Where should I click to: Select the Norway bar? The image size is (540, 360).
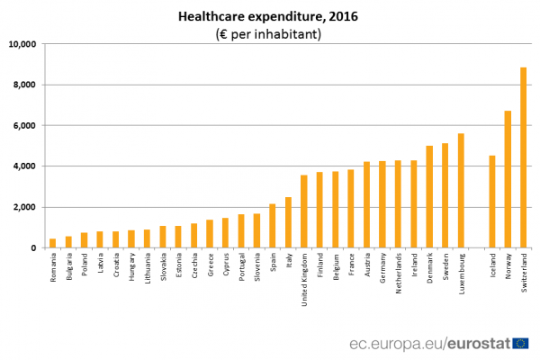(x=508, y=179)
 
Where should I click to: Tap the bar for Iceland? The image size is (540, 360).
(x=491, y=202)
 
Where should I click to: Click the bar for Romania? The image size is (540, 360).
(x=52, y=243)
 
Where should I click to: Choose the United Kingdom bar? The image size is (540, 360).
(x=304, y=211)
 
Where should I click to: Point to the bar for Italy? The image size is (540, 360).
(x=288, y=222)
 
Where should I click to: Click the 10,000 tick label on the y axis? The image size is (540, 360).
(x=22, y=44)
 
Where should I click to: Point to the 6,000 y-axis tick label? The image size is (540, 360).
(x=23, y=126)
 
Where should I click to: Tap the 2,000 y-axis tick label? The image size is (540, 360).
(x=23, y=207)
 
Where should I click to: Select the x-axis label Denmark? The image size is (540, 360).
(x=430, y=267)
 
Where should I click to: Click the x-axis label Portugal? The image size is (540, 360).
(x=241, y=267)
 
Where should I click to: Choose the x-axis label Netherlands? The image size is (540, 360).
(x=399, y=272)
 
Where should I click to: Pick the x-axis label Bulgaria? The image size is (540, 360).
(x=68, y=267)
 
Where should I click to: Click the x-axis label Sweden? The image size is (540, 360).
(x=445, y=266)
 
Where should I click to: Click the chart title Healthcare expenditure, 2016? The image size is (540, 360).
(x=269, y=15)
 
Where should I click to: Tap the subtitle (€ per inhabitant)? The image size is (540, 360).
(x=269, y=34)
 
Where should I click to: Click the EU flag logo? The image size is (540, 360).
(x=520, y=343)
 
